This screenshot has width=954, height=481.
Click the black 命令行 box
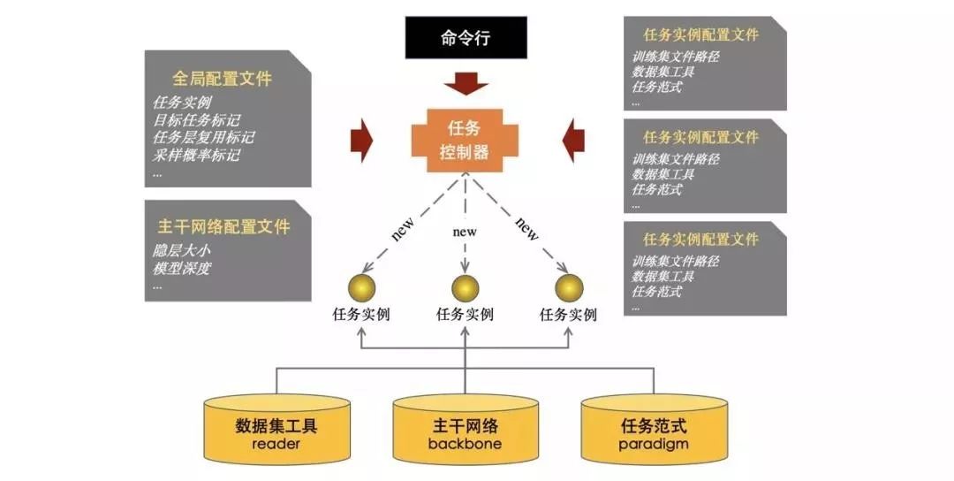pos(465,37)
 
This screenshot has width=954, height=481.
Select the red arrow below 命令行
pos(465,84)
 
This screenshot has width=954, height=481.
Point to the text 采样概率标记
pos(196,155)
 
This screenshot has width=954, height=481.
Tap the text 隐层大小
pos(182,250)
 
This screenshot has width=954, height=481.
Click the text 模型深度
pos(182,268)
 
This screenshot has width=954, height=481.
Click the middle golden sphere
pos(465,287)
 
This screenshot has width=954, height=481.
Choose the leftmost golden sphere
pos(361,287)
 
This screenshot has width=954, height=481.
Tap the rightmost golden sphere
pos(569,287)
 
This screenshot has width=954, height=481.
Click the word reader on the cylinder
pos(276,444)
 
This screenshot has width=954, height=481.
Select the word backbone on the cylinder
pos(465,444)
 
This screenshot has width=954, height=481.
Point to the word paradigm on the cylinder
pos(654,444)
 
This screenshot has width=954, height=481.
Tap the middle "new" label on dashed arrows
pos(465,232)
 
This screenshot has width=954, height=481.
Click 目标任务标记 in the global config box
pos(196,119)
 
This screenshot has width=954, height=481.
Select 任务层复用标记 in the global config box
pos(203,137)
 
